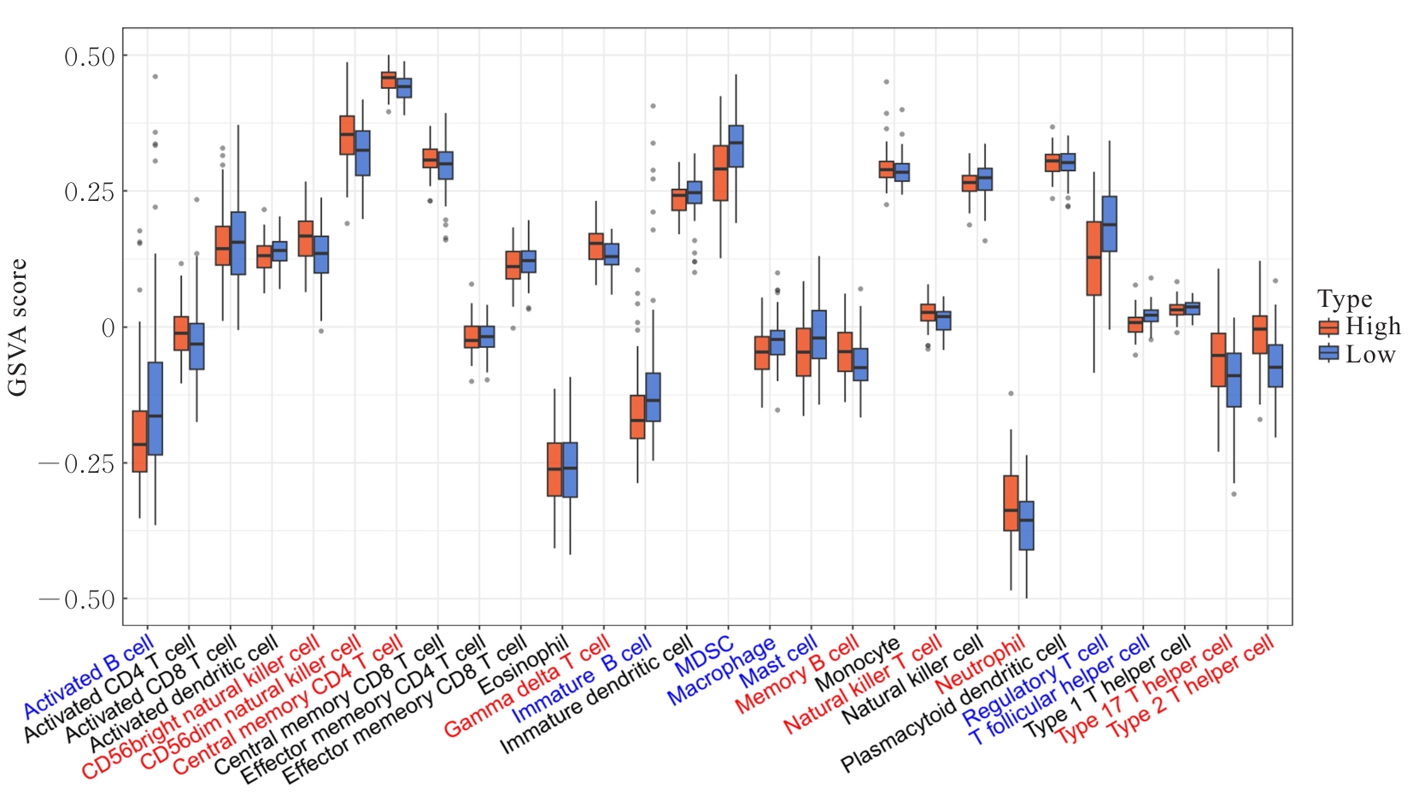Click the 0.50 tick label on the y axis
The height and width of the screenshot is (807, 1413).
click(x=90, y=56)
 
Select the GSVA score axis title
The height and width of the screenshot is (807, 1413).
click(x=18, y=327)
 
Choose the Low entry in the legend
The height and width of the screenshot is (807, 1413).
click(x=1370, y=354)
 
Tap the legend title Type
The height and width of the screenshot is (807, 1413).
click(x=1345, y=299)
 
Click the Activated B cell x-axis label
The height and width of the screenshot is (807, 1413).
click(x=89, y=676)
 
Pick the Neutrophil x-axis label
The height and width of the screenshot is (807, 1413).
click(x=980, y=664)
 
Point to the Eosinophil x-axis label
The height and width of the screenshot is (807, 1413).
click(x=523, y=664)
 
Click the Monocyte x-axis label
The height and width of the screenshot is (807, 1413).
click(x=858, y=664)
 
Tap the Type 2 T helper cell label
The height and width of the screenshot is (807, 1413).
click(x=1191, y=689)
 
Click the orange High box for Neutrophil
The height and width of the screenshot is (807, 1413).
click(x=1011, y=504)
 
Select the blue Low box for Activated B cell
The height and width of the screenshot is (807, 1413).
click(x=155, y=409)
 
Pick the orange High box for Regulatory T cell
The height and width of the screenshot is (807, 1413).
click(x=1093, y=258)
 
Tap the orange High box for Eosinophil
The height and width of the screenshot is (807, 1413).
click(x=554, y=469)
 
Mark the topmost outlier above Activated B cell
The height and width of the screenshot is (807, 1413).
click(x=155, y=77)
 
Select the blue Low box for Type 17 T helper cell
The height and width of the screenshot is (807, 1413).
click(x=1234, y=380)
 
